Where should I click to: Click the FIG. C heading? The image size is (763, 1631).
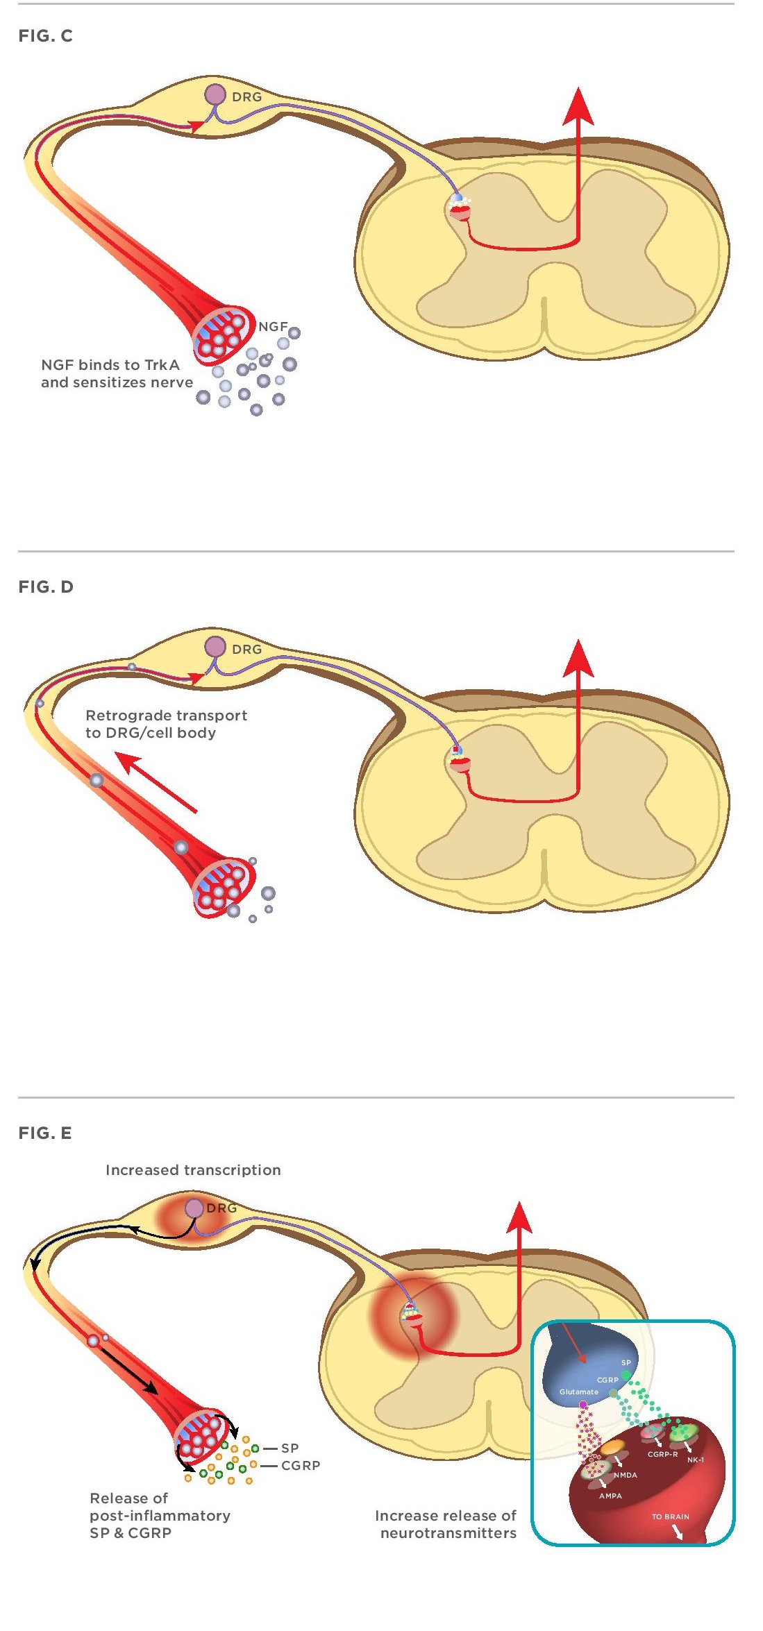point(46,36)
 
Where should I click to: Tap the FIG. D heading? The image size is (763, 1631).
point(46,587)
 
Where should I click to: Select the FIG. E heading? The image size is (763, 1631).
point(46,1133)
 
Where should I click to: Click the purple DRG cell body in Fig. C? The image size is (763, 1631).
point(215,94)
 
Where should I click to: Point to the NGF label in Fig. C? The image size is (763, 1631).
point(273,326)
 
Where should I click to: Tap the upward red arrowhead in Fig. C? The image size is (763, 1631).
point(578,108)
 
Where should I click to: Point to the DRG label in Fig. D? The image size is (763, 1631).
point(247,650)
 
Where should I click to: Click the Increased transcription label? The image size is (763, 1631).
point(193,1170)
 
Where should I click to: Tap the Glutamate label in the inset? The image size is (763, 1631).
point(578,1392)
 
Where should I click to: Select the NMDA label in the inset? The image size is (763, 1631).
point(625,1475)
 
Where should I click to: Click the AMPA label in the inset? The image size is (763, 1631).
point(610,1496)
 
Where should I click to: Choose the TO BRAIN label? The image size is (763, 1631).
point(670,1516)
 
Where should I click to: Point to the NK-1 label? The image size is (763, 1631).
point(695,1460)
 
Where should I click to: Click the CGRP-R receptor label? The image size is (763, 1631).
point(662,1454)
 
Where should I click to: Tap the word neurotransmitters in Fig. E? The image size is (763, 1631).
point(448,1533)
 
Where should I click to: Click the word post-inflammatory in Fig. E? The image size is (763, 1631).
point(160,1516)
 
